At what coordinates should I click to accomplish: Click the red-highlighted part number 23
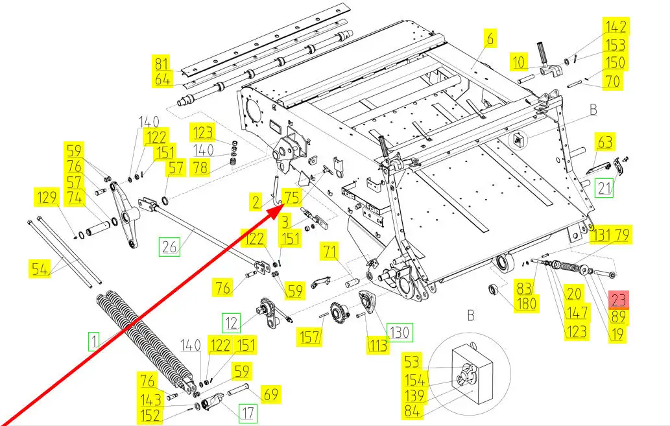(x=619, y=299)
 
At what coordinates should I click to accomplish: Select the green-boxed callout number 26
(x=170, y=246)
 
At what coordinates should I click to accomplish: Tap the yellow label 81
(x=162, y=64)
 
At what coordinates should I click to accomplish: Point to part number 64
(x=162, y=80)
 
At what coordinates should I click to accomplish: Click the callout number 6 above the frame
(x=490, y=38)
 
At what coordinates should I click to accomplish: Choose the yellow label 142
(x=616, y=27)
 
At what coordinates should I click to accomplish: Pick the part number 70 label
(x=613, y=81)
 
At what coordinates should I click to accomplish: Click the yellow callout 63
(x=604, y=142)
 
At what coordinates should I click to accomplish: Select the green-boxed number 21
(x=604, y=188)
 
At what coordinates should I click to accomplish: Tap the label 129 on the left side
(x=47, y=197)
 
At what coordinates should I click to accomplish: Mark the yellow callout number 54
(x=40, y=268)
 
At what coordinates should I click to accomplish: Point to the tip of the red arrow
(x=283, y=205)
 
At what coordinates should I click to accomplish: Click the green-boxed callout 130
(x=400, y=331)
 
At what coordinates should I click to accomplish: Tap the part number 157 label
(x=309, y=337)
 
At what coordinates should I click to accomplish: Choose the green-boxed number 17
(x=248, y=413)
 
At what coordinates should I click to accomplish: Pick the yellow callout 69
(x=271, y=394)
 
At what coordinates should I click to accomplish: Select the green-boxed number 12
(x=231, y=323)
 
